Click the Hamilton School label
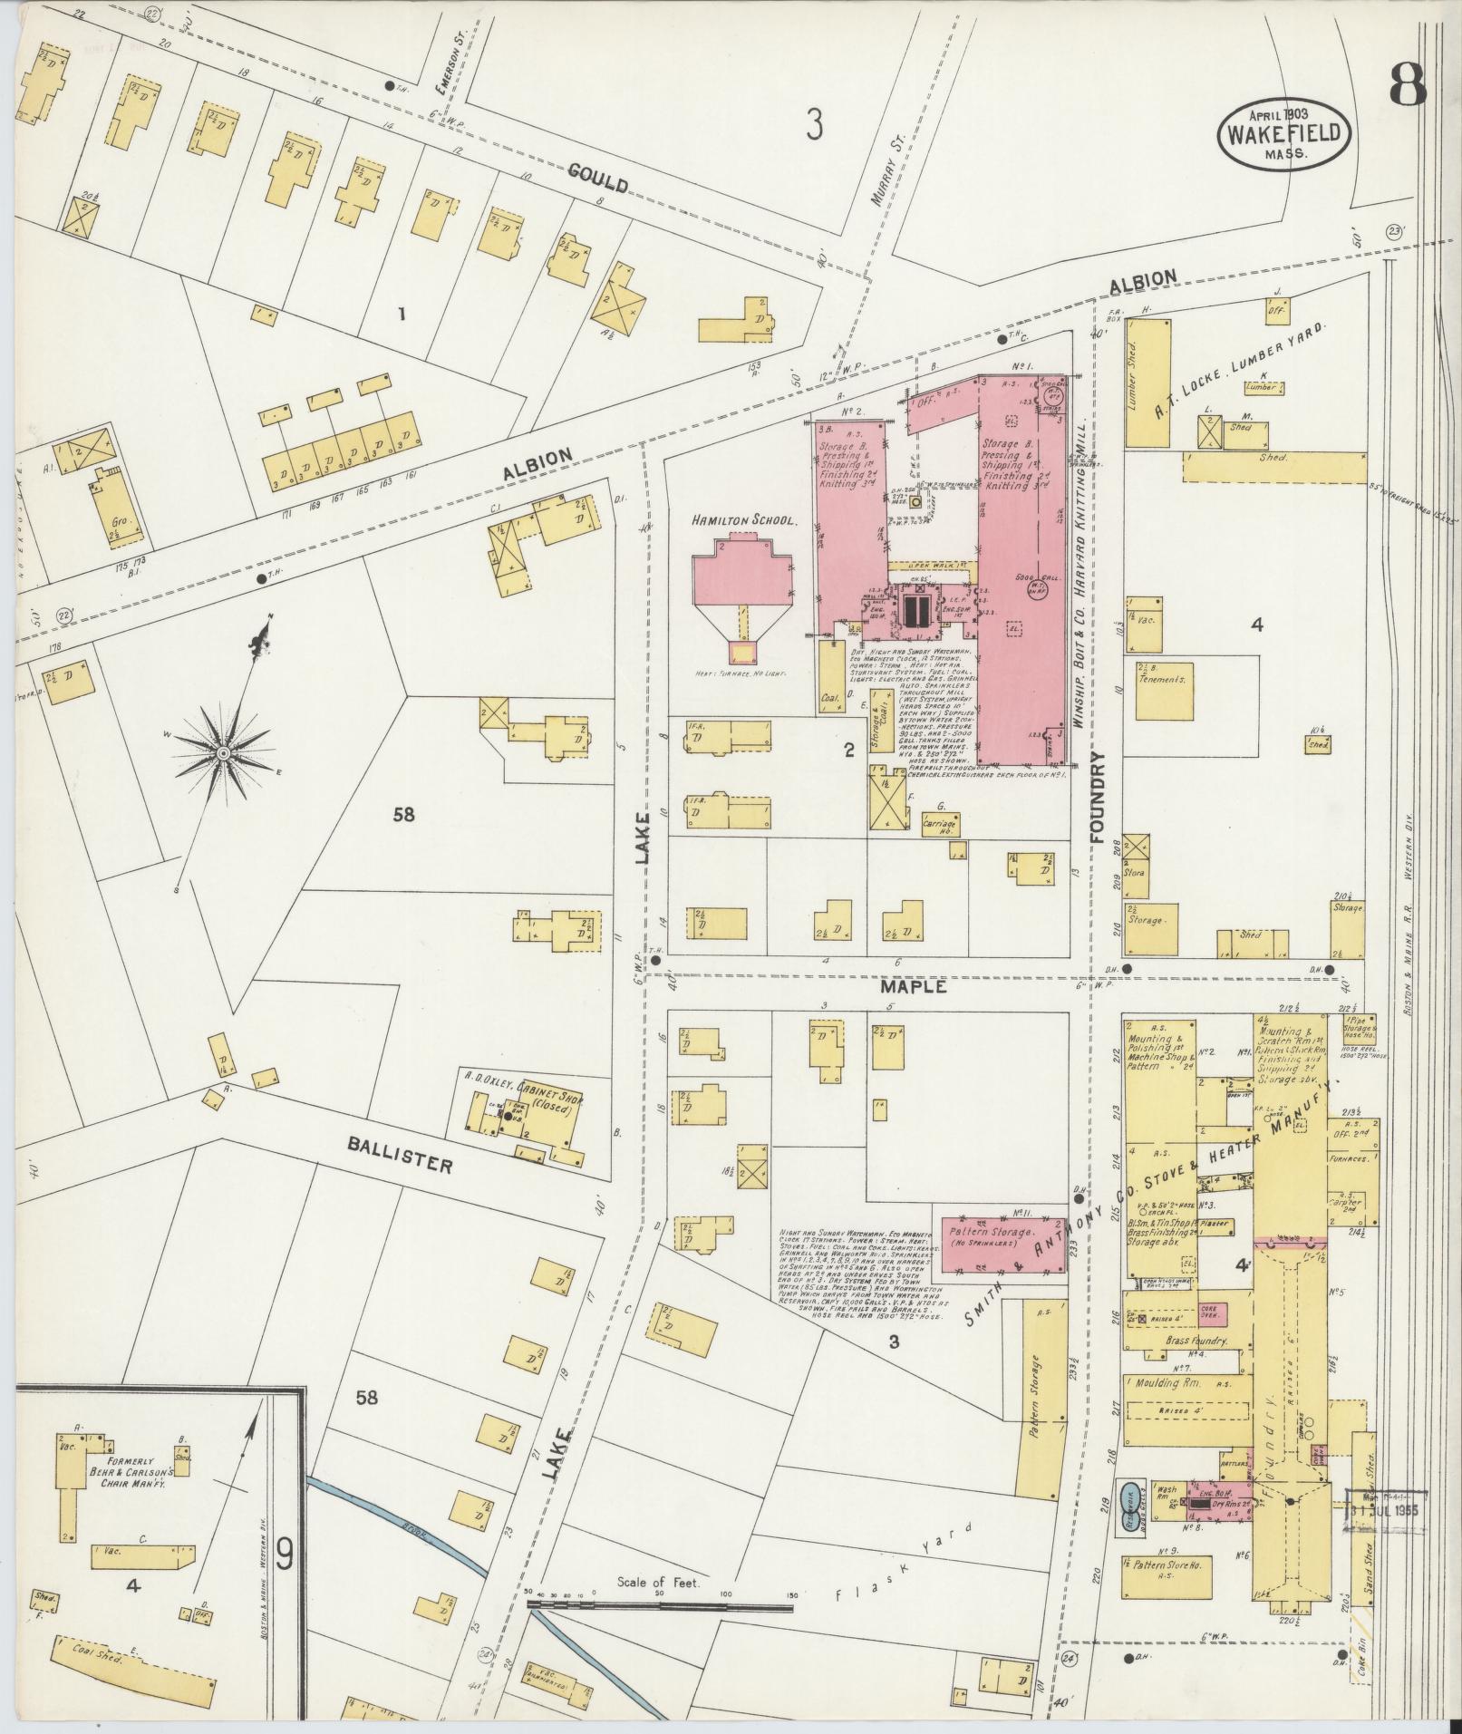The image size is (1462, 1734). pyautogui.click(x=743, y=521)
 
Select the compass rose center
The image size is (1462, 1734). pyautogui.click(x=223, y=753)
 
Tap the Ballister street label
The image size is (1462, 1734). pyautogui.click(x=400, y=1152)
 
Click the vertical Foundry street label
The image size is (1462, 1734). pyautogui.click(x=1099, y=797)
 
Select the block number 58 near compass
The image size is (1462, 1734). pyautogui.click(x=403, y=814)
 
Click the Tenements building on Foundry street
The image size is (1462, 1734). pyautogui.click(x=1163, y=678)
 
